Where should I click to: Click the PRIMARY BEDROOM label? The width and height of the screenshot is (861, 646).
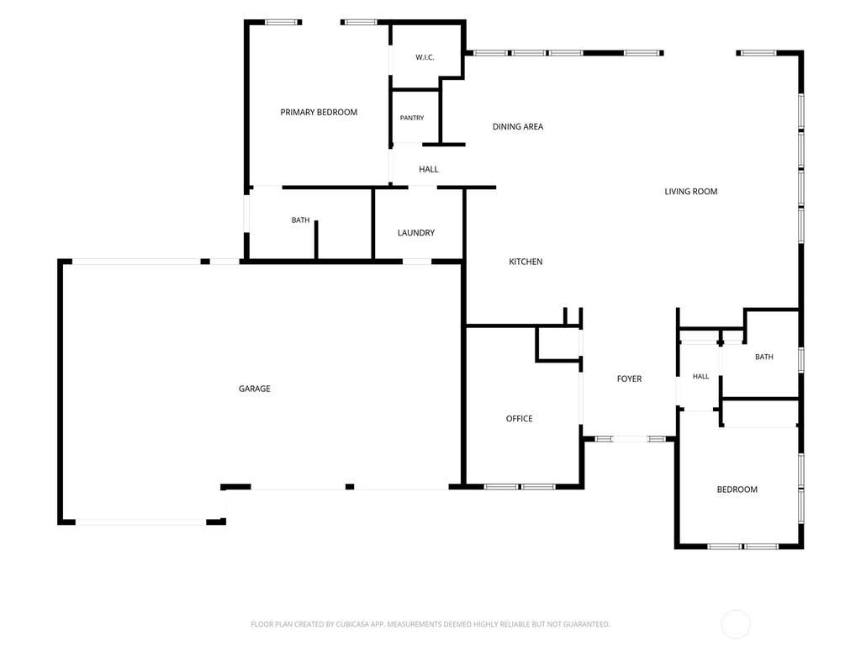pyautogui.click(x=319, y=112)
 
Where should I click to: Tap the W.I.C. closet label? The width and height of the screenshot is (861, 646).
pyautogui.click(x=425, y=57)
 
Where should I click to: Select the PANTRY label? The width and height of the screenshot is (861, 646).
pyautogui.click(x=412, y=118)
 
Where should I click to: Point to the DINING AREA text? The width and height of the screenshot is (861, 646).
pyautogui.click(x=518, y=126)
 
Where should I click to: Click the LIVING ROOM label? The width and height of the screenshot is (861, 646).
pyautogui.click(x=691, y=191)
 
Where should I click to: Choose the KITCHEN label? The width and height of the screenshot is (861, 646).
pyautogui.click(x=526, y=262)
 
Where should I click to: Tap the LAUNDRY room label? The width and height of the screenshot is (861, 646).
pyautogui.click(x=415, y=233)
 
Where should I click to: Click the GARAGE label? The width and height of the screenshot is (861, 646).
pyautogui.click(x=254, y=389)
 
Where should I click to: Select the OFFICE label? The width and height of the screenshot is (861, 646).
pyautogui.click(x=519, y=419)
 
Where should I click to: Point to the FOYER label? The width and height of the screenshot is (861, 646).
pyautogui.click(x=629, y=379)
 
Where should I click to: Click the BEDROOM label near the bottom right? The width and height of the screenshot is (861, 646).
pyautogui.click(x=737, y=490)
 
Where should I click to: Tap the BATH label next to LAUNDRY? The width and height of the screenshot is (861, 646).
pyautogui.click(x=300, y=220)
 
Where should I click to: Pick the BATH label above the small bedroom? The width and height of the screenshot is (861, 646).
pyautogui.click(x=763, y=357)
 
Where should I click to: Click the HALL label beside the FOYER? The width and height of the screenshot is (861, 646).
pyautogui.click(x=700, y=376)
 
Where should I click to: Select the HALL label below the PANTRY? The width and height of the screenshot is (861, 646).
pyautogui.click(x=428, y=169)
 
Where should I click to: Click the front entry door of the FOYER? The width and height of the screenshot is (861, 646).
pyautogui.click(x=631, y=439)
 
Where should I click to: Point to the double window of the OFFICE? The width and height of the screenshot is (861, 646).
pyautogui.click(x=520, y=487)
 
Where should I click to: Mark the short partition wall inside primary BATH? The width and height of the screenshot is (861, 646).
pyautogui.click(x=316, y=240)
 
